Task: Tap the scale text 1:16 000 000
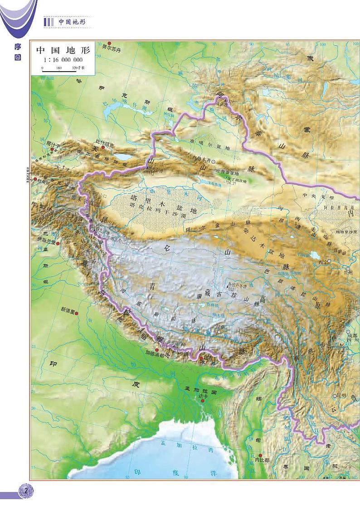pyautogui.click(x=63, y=60)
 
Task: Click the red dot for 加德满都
pyautogui.click(x=157, y=350)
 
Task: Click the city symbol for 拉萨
pyautogui.click(x=219, y=332)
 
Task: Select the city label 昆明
pyautogui.click(x=341, y=395)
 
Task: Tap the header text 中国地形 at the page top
pyautogui.click(x=72, y=22)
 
